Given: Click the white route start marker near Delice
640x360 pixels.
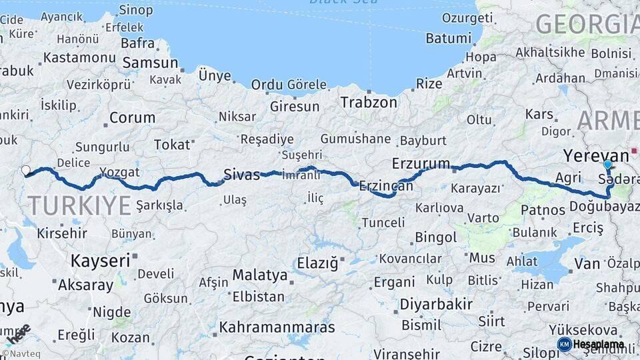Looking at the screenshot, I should tap(26, 171).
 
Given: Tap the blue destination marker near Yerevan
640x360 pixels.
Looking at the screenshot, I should tap(607, 164).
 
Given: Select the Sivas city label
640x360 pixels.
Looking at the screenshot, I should tap(241, 175).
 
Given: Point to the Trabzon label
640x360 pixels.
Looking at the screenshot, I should tap(368, 103).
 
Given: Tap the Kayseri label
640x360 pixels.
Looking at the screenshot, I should tap(100, 260).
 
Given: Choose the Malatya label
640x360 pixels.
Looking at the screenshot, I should tap(260, 275).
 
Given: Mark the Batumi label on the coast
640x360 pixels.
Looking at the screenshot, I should tap(448, 38).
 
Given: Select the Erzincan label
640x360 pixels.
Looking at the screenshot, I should tap(386, 187).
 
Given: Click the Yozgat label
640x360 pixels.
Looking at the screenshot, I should tap(120, 173).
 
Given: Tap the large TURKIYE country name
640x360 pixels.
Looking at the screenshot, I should tap(79, 206).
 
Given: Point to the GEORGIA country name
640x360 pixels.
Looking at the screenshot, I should tap(587, 24).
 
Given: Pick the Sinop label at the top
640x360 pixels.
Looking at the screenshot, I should tap(135, 10).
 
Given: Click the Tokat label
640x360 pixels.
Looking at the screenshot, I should tap(172, 145).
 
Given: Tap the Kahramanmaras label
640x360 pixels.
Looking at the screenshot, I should tap(277, 327).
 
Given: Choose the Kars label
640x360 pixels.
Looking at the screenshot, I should tap(539, 114).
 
